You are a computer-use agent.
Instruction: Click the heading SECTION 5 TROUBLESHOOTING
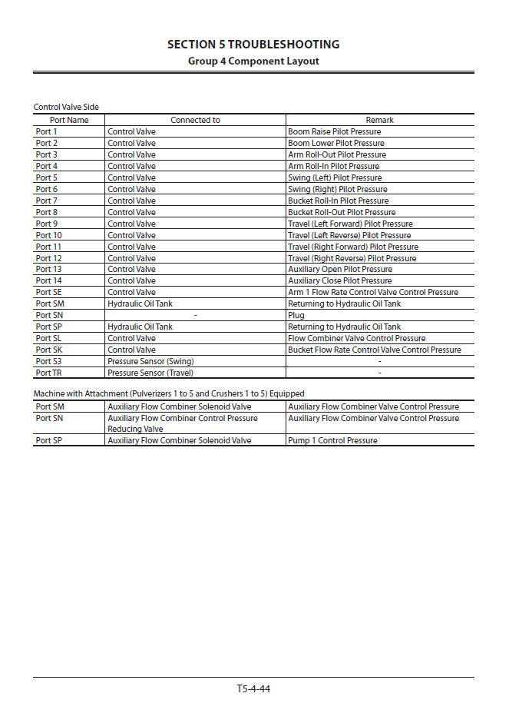coord(253,45)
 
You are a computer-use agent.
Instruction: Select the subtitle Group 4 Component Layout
coord(253,61)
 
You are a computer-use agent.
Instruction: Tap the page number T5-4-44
coord(253,688)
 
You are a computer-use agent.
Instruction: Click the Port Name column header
coord(69,120)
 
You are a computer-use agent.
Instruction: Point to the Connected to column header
coord(195,120)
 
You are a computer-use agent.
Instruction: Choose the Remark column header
coord(379,120)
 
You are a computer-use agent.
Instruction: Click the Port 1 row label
coord(46,131)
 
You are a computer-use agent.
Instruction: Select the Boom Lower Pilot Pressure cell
coord(335,143)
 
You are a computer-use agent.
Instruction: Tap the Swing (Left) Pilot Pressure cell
coord(335,177)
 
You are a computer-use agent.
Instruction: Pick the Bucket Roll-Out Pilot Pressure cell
coord(342,212)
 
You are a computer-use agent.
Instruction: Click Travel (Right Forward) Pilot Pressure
coord(353,247)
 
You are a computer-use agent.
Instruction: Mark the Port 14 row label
coord(48,280)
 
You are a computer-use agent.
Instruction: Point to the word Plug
coord(296,315)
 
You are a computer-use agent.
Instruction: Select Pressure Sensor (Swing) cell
coord(150,361)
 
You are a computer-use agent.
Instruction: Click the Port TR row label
coord(48,373)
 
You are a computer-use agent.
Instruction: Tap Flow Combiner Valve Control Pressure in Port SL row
coord(356,338)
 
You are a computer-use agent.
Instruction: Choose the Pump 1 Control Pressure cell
coord(332,440)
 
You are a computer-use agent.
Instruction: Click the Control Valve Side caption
coord(66,107)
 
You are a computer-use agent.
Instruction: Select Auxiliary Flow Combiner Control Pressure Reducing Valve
coord(183,423)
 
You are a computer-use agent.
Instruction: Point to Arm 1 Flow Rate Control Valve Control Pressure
coord(373,292)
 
